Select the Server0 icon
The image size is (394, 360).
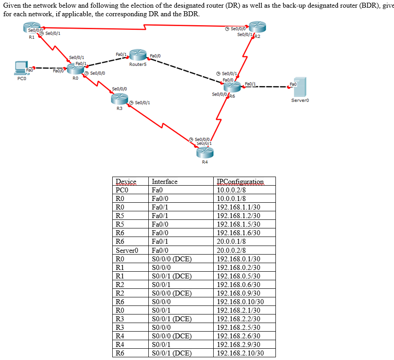pyautogui.click(x=300, y=87)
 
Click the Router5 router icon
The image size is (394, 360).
pyautogui.click(x=137, y=55)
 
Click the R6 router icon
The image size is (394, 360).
pyautogui.click(x=232, y=87)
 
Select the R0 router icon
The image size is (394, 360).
pyautogui.click(x=75, y=69)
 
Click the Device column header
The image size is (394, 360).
pyautogui.click(x=126, y=182)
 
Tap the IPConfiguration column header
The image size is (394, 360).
pyautogui.click(x=239, y=182)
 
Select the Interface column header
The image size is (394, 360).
pyautogui.click(x=165, y=182)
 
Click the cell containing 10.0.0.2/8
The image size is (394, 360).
pyautogui.click(x=232, y=190)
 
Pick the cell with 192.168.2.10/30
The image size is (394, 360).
pyautogui.click(x=240, y=353)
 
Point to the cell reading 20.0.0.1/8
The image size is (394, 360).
pyautogui.click(x=232, y=241)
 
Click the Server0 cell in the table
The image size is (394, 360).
pyautogui.click(x=127, y=250)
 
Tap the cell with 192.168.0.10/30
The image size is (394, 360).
pyautogui.click(x=240, y=301)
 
